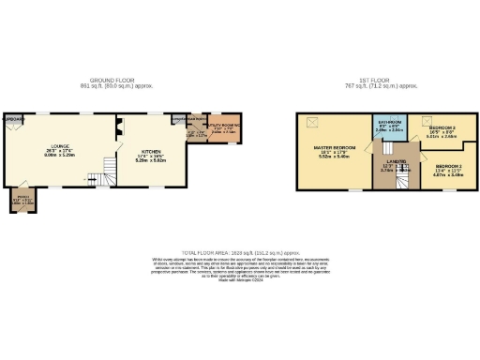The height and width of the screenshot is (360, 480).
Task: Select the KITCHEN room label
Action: [150, 157]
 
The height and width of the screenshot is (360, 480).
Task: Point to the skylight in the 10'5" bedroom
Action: [427, 121]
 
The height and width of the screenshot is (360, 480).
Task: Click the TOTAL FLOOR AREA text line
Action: [240, 253]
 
